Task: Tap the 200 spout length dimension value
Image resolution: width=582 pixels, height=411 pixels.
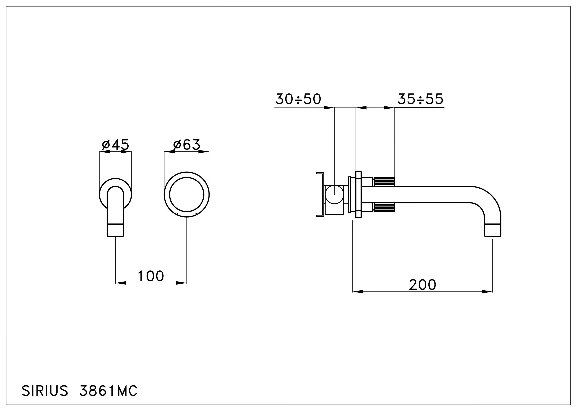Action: tap(422, 285)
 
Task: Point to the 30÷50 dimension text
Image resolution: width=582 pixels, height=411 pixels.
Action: tap(298, 99)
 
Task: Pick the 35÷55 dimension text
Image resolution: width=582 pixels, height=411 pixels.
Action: tap(420, 99)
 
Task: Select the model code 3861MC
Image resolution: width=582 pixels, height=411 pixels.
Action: tap(108, 391)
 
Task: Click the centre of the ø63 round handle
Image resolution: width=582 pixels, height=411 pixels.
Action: tap(187, 195)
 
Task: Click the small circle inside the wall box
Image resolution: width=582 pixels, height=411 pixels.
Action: tap(334, 194)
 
